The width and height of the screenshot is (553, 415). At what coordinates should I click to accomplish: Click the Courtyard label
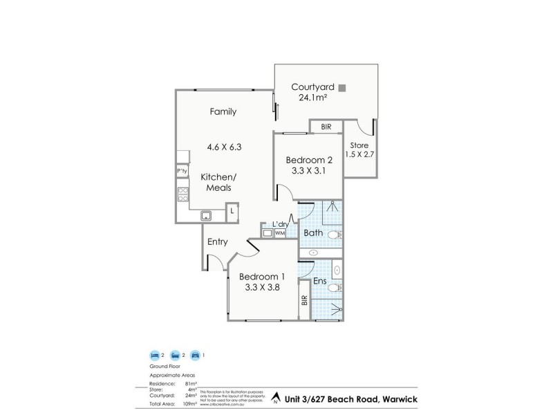click(312, 87)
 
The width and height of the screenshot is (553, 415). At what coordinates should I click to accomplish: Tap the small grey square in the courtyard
click(341, 87)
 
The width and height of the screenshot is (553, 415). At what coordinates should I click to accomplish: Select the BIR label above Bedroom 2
click(325, 127)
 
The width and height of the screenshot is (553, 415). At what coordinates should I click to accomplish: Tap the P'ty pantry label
click(182, 171)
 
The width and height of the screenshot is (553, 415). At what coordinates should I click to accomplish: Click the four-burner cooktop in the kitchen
click(183, 194)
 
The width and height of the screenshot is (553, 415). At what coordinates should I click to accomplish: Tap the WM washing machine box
click(280, 234)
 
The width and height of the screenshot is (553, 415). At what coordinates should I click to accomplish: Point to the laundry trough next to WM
click(268, 234)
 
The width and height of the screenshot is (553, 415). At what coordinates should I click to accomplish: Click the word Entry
click(217, 241)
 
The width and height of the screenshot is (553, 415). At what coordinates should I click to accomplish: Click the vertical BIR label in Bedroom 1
click(304, 302)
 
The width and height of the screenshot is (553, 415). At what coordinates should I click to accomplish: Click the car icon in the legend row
click(196, 354)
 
